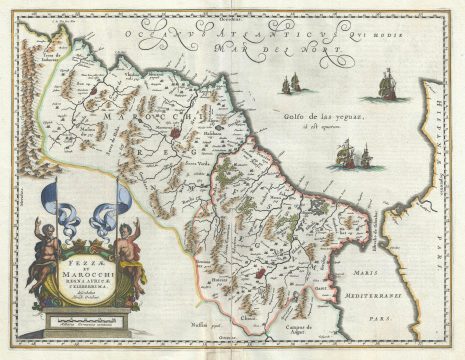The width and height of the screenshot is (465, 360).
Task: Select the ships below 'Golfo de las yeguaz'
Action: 351,155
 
